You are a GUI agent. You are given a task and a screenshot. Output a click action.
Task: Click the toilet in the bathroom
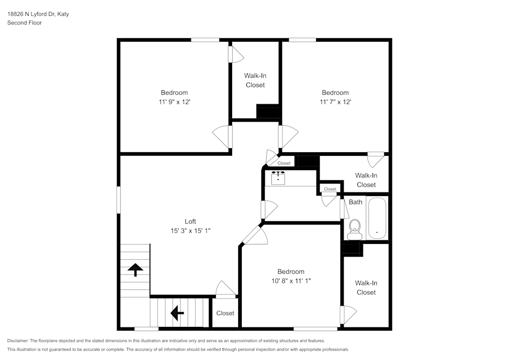coord(354,229)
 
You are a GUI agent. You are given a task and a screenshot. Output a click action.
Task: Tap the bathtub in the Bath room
coord(377,218)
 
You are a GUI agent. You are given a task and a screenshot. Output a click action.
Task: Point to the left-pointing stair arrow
coord(177,313)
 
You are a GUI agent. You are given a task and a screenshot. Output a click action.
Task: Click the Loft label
coord(190,221)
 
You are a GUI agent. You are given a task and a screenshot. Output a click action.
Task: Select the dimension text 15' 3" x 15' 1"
coord(190,231)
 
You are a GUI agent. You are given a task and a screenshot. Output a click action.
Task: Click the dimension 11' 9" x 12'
coord(174,102)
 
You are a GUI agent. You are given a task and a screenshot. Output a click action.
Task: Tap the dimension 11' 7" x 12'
coord(335,102)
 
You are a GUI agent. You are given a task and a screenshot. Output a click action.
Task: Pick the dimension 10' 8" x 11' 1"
coord(291,281)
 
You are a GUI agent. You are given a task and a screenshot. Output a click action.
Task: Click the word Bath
coord(355,202)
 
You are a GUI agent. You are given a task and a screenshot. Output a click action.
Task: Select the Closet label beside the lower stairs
coord(225,313)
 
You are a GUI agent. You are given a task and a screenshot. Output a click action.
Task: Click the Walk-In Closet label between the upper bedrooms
coord(255,80)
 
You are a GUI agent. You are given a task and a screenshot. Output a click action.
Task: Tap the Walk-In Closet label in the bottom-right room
coord(366,288)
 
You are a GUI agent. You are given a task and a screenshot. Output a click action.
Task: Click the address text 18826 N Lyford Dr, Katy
coord(38,14)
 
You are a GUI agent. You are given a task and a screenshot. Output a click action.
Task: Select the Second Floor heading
coord(24,23)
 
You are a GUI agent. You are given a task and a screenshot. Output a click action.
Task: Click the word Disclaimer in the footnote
coord(18,341)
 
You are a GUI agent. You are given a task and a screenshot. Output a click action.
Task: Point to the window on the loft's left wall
coord(119,200)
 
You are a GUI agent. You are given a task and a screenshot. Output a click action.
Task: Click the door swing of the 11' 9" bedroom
coord(222,137)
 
